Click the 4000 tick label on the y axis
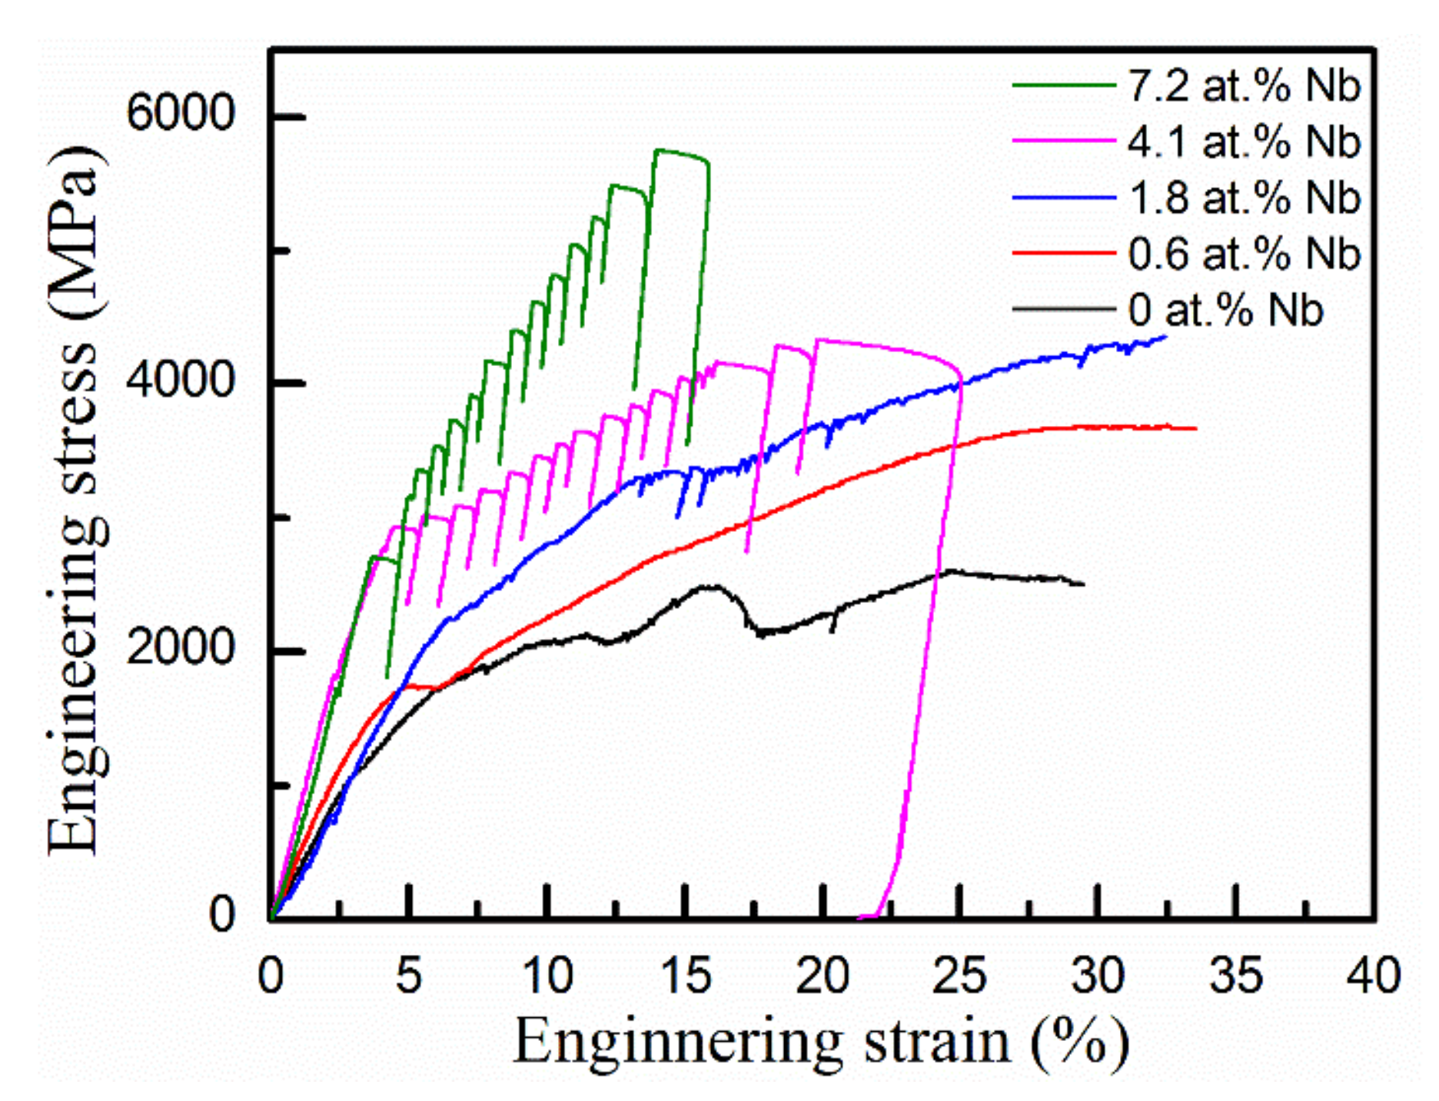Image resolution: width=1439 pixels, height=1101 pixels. (179, 381)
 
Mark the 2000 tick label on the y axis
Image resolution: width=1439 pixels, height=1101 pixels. (179, 648)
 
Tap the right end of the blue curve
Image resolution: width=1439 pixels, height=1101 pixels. (1166, 336)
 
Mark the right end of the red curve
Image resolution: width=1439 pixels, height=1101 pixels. (1196, 428)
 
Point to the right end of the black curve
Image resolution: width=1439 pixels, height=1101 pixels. (1084, 584)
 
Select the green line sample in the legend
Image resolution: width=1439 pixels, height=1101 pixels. (1064, 85)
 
